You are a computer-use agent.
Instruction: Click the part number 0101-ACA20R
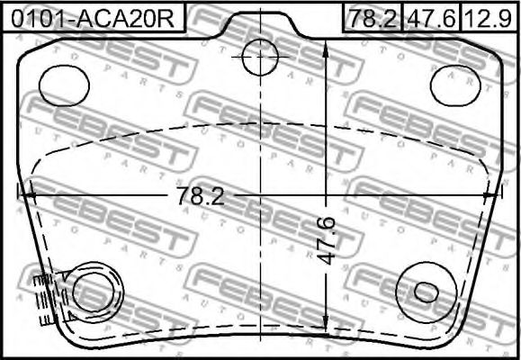click(93, 19)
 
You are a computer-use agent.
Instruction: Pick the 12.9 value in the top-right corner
click(489, 19)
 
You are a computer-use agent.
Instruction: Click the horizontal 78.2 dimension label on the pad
click(201, 196)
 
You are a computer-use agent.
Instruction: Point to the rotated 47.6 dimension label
click(327, 240)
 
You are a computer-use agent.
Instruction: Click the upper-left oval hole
click(64, 85)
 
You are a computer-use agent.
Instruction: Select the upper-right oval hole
click(455, 85)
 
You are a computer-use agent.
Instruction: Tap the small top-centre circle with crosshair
click(260, 57)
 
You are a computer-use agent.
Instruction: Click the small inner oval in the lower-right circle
click(427, 292)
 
